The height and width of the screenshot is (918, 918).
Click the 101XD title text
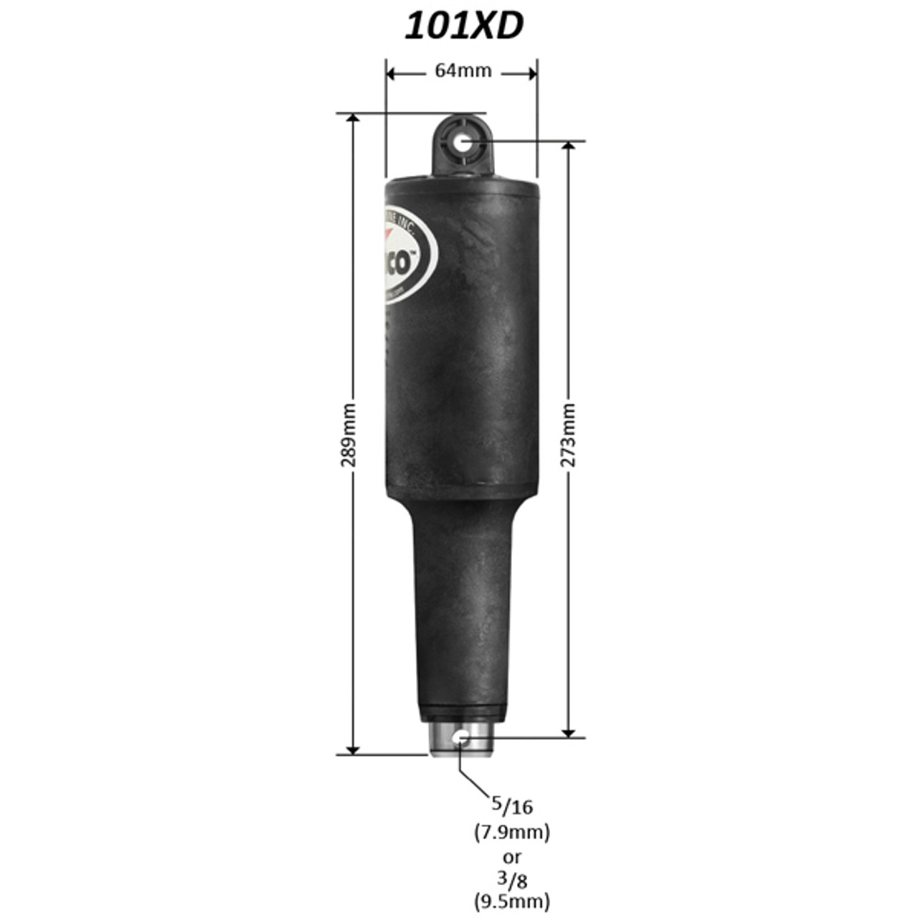coord(463,27)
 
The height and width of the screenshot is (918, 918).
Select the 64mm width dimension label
coord(463,71)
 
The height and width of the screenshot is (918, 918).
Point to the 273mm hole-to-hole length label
coord(568,435)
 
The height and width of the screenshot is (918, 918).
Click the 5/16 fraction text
coord(511,805)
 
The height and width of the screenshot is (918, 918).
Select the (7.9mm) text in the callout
coord(511,832)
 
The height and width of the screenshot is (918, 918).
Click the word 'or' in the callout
coord(511,856)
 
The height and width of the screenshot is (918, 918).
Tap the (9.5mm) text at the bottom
coord(511,900)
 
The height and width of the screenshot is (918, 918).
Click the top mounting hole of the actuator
coord(463,143)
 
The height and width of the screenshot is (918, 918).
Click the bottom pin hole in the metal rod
coord(461,737)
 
